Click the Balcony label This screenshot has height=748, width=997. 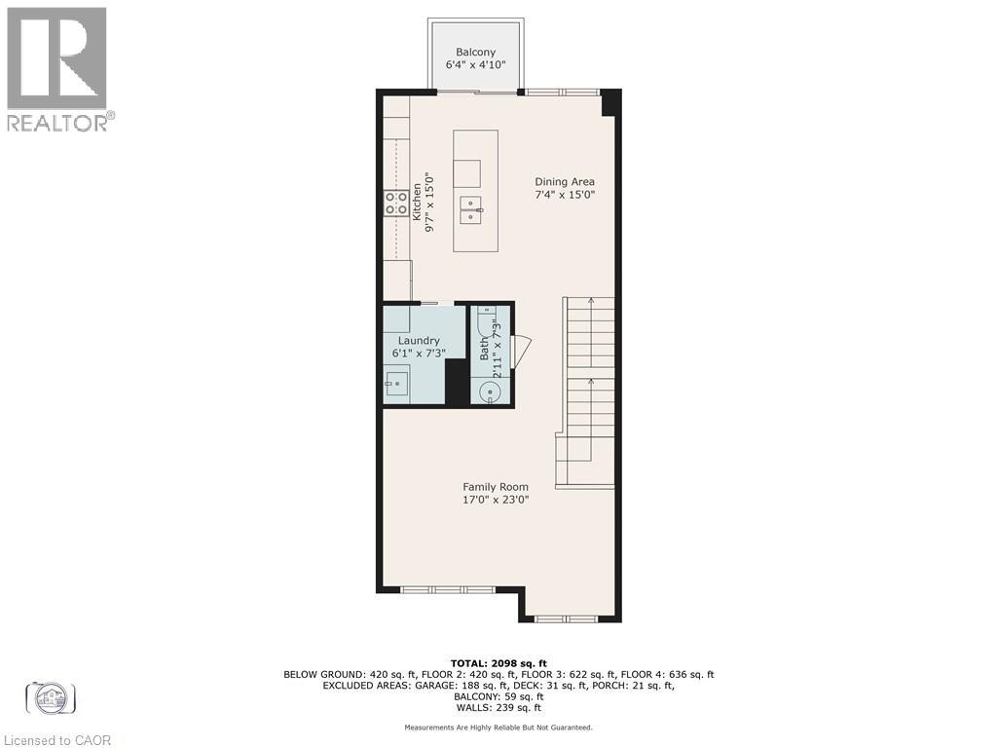coord(476,53)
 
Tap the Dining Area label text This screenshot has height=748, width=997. coord(565,181)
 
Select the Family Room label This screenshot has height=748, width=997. coord(496,487)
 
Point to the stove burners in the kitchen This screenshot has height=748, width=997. coord(396,203)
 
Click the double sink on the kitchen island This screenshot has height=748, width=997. coord(475,209)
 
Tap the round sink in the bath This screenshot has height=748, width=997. coord(490,392)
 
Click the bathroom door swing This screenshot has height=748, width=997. coord(521,351)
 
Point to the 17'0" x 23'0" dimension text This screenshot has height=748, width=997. coord(496,501)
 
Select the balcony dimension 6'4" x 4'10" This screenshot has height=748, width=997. coord(476,66)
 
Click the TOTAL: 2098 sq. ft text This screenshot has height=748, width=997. coord(498,663)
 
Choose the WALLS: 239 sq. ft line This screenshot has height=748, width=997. coord(498,710)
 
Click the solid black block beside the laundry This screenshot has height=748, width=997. coord(457,382)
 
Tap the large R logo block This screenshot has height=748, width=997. coord(56,57)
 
